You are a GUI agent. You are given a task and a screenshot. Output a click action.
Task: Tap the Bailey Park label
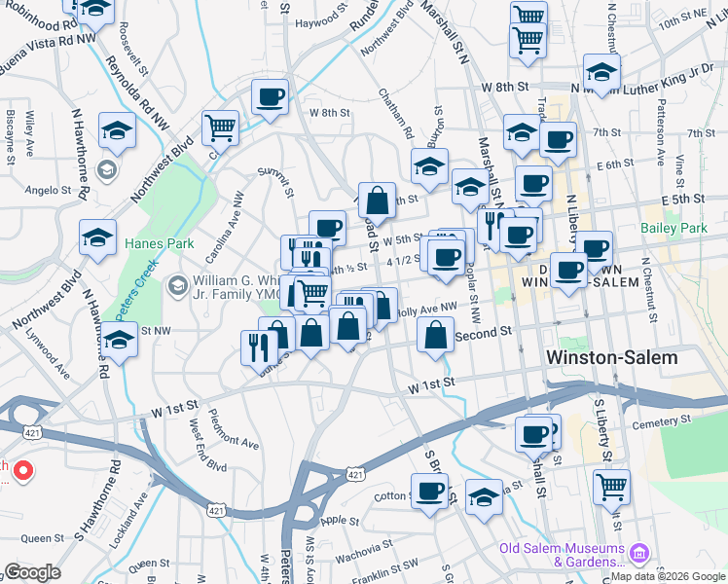(x=673, y=229)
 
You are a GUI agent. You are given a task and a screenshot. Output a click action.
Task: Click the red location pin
(x=21, y=473)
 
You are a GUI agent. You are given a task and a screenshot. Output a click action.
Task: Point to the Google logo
(x=32, y=572)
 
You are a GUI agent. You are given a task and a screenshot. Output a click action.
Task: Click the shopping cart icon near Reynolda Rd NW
(x=221, y=128)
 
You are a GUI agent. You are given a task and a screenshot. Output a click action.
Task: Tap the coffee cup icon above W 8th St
(x=270, y=96)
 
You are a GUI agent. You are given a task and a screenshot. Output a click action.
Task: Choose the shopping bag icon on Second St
(x=435, y=336)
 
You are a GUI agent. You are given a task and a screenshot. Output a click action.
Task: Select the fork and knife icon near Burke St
(x=259, y=346)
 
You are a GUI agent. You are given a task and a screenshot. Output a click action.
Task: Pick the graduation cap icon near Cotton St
(x=483, y=496)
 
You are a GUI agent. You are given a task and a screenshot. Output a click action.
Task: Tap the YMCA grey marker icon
(x=177, y=286)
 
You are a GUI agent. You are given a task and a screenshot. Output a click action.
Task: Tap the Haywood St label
(x=322, y=20)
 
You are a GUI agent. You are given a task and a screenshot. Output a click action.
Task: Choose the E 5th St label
(x=681, y=199)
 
